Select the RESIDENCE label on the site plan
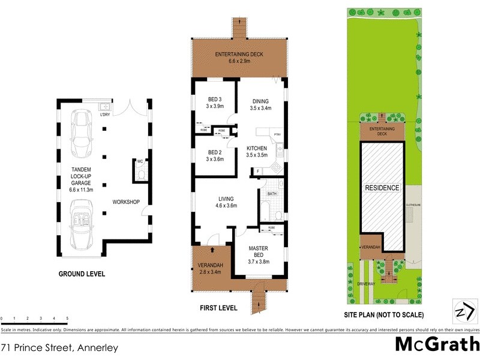(x=383, y=188)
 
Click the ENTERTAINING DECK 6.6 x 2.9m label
(x=240, y=58)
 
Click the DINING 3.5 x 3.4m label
(x=260, y=105)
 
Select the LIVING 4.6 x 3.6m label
(x=226, y=202)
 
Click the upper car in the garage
(x=81, y=128)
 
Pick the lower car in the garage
(x=81, y=225)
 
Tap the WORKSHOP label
(x=126, y=202)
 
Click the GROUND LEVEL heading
(x=82, y=274)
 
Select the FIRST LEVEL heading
(x=218, y=308)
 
